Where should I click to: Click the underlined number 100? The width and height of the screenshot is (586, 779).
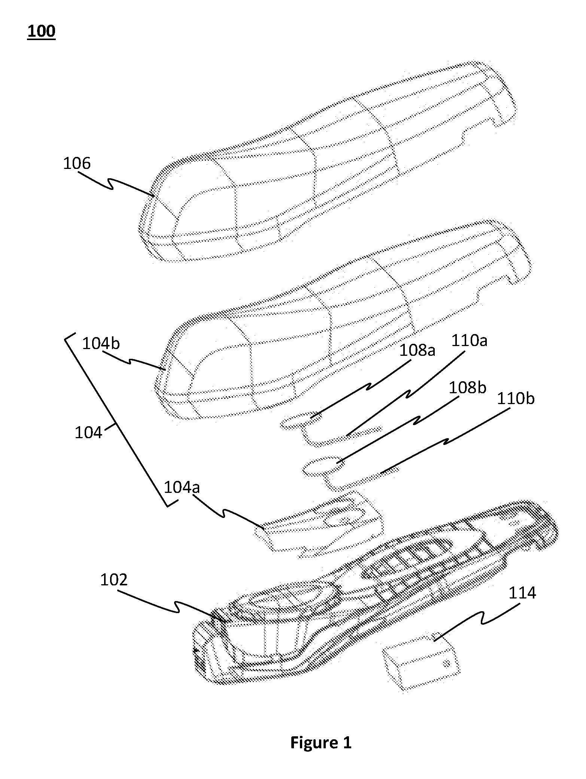tap(41, 31)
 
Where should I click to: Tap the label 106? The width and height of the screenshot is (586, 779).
tap(77, 164)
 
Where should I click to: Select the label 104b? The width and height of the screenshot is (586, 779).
tap(101, 343)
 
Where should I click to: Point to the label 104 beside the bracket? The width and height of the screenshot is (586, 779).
tap(88, 433)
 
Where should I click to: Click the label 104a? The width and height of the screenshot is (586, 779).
tap(182, 487)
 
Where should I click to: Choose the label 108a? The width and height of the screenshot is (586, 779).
tap(417, 351)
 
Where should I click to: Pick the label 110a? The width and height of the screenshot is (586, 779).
tap(469, 341)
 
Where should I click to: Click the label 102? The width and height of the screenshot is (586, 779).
tap(114, 580)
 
